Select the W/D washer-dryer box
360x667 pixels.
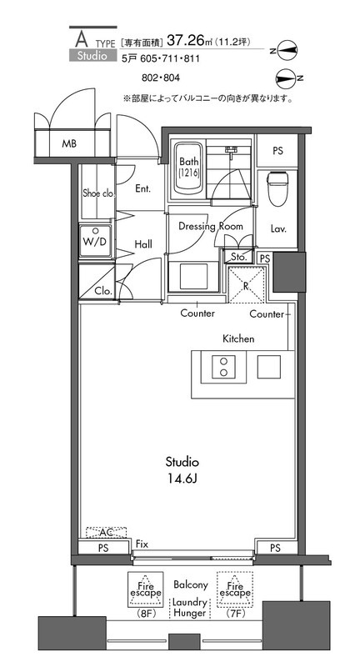96,241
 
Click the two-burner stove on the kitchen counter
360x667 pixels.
222,366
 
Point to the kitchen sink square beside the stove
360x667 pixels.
269,366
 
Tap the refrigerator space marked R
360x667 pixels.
246,285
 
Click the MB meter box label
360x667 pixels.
69,143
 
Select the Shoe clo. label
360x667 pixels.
99,193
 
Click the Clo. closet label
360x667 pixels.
103,291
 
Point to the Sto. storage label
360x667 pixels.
239,258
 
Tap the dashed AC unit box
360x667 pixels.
107,533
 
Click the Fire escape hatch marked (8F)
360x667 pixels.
146,589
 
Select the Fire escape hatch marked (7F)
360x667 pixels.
235,589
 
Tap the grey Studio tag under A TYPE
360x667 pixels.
92,55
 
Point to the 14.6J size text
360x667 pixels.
182,479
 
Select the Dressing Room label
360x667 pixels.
210,226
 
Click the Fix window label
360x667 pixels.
142,544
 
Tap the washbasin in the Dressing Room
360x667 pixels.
193,277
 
